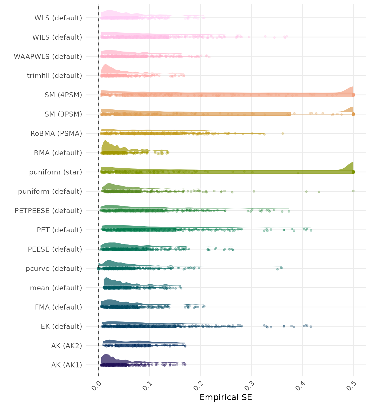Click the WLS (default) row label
point(58,18)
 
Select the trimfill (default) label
point(54,76)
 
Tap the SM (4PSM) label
point(63,95)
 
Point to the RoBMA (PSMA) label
point(56,133)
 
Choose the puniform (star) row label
point(55,172)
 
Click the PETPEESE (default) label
point(48,211)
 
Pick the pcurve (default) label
point(54,269)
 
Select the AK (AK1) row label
point(67,365)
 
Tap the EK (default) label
point(61,326)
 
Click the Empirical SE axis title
point(226,398)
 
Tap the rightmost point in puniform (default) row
point(353,191)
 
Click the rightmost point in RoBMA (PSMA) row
point(283,133)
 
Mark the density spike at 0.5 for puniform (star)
point(352,163)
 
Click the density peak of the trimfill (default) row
point(105,65)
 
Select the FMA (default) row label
point(58,307)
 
